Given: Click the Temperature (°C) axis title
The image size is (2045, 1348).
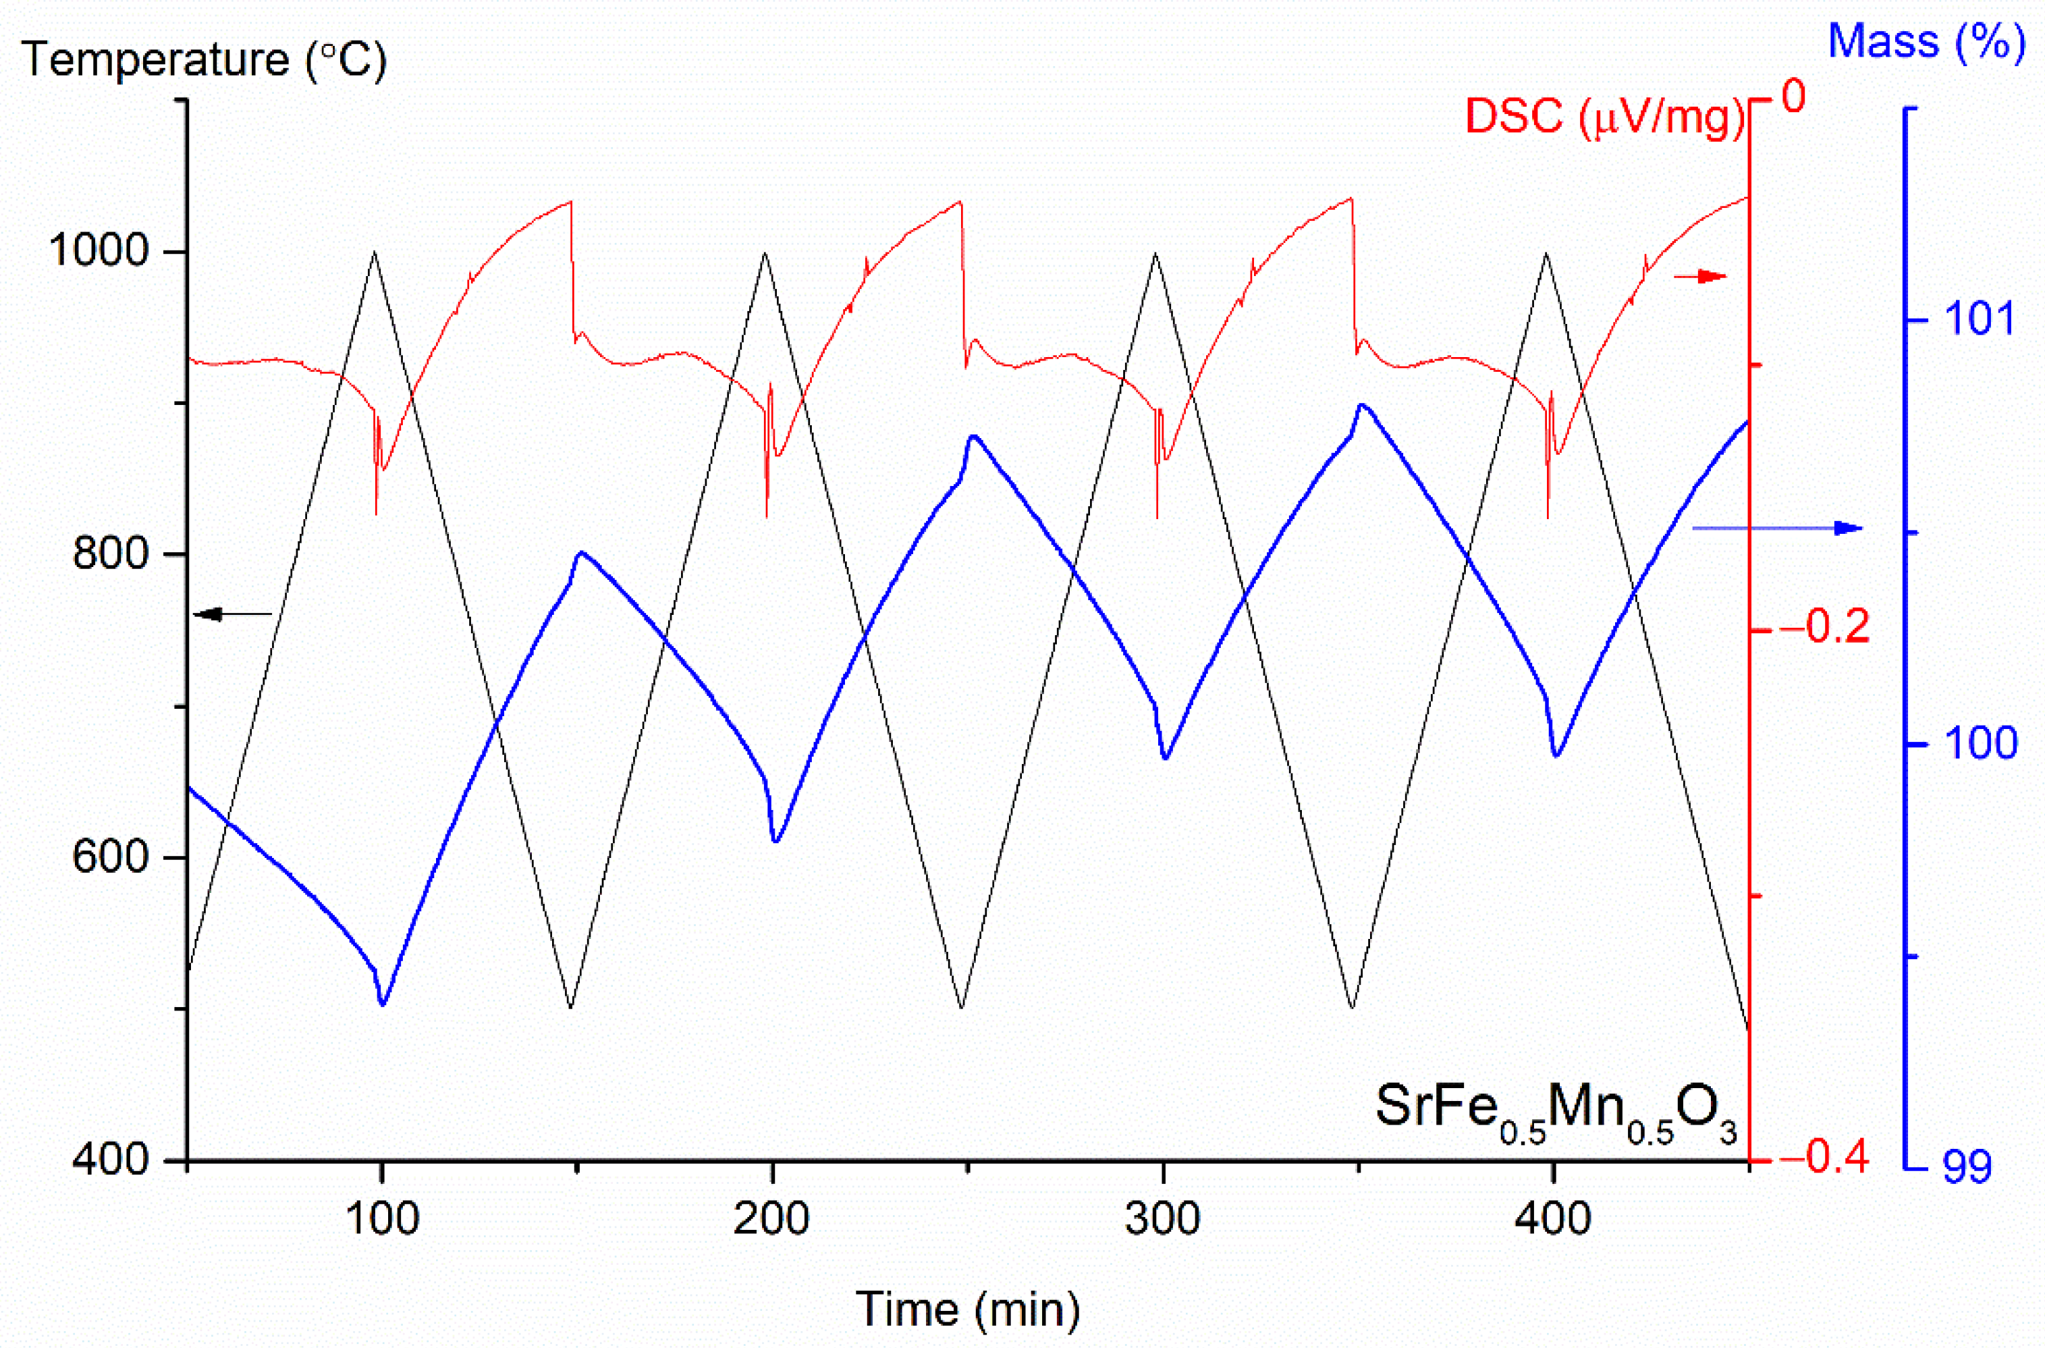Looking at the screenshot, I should pyautogui.click(x=204, y=60).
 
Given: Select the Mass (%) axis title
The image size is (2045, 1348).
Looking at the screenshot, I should pyautogui.click(x=1926, y=41).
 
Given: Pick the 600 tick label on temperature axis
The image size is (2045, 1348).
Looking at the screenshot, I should pyautogui.click(x=111, y=857).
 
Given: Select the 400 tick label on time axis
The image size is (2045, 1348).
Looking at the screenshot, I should pyautogui.click(x=1552, y=1219).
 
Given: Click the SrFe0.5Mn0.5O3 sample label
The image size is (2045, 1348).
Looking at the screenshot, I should pyautogui.click(x=1556, y=1109).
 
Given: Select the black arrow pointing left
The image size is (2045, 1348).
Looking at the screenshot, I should pyautogui.click(x=232, y=614).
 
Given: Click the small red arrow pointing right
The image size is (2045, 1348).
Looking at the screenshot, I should pyautogui.click(x=1699, y=276).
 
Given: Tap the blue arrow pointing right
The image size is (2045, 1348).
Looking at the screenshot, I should pyautogui.click(x=1777, y=528).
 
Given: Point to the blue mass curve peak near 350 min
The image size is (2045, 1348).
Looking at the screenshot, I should pyautogui.click(x=1361, y=405).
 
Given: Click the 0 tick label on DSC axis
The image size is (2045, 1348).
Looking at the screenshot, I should pyautogui.click(x=1794, y=97).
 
